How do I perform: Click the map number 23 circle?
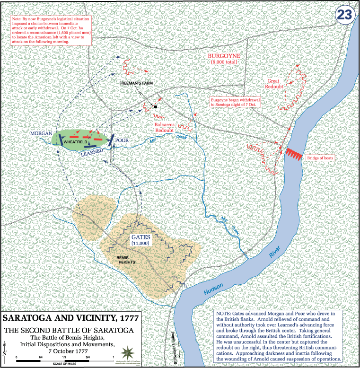click(344, 15)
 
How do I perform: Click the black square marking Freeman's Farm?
click(155, 106)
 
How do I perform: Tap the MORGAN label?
click(41, 134)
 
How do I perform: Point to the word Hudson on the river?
click(213, 291)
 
